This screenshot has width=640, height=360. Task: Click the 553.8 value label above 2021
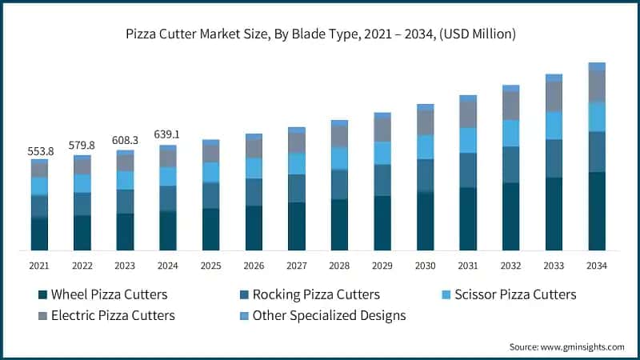pos(40,151)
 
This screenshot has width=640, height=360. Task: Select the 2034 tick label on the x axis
pos(597,266)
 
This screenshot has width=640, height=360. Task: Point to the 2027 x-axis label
pos(297,266)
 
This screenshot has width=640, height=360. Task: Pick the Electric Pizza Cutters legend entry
pos(112,315)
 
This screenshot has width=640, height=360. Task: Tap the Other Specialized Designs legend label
pos(329,315)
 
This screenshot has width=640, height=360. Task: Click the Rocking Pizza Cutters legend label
pos(316,295)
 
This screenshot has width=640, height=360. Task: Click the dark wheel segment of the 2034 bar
pos(597,210)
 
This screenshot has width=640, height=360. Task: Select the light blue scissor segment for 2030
pos(426,147)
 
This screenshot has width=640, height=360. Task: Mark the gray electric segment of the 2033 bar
pos(554,97)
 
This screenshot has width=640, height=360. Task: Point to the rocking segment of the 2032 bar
pos(511,165)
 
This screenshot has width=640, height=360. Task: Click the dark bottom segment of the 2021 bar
pos(40,234)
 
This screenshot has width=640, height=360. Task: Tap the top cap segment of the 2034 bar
pos(597,66)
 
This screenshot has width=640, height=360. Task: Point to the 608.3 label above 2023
pos(126,140)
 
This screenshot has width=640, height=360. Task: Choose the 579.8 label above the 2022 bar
pos(82,146)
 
